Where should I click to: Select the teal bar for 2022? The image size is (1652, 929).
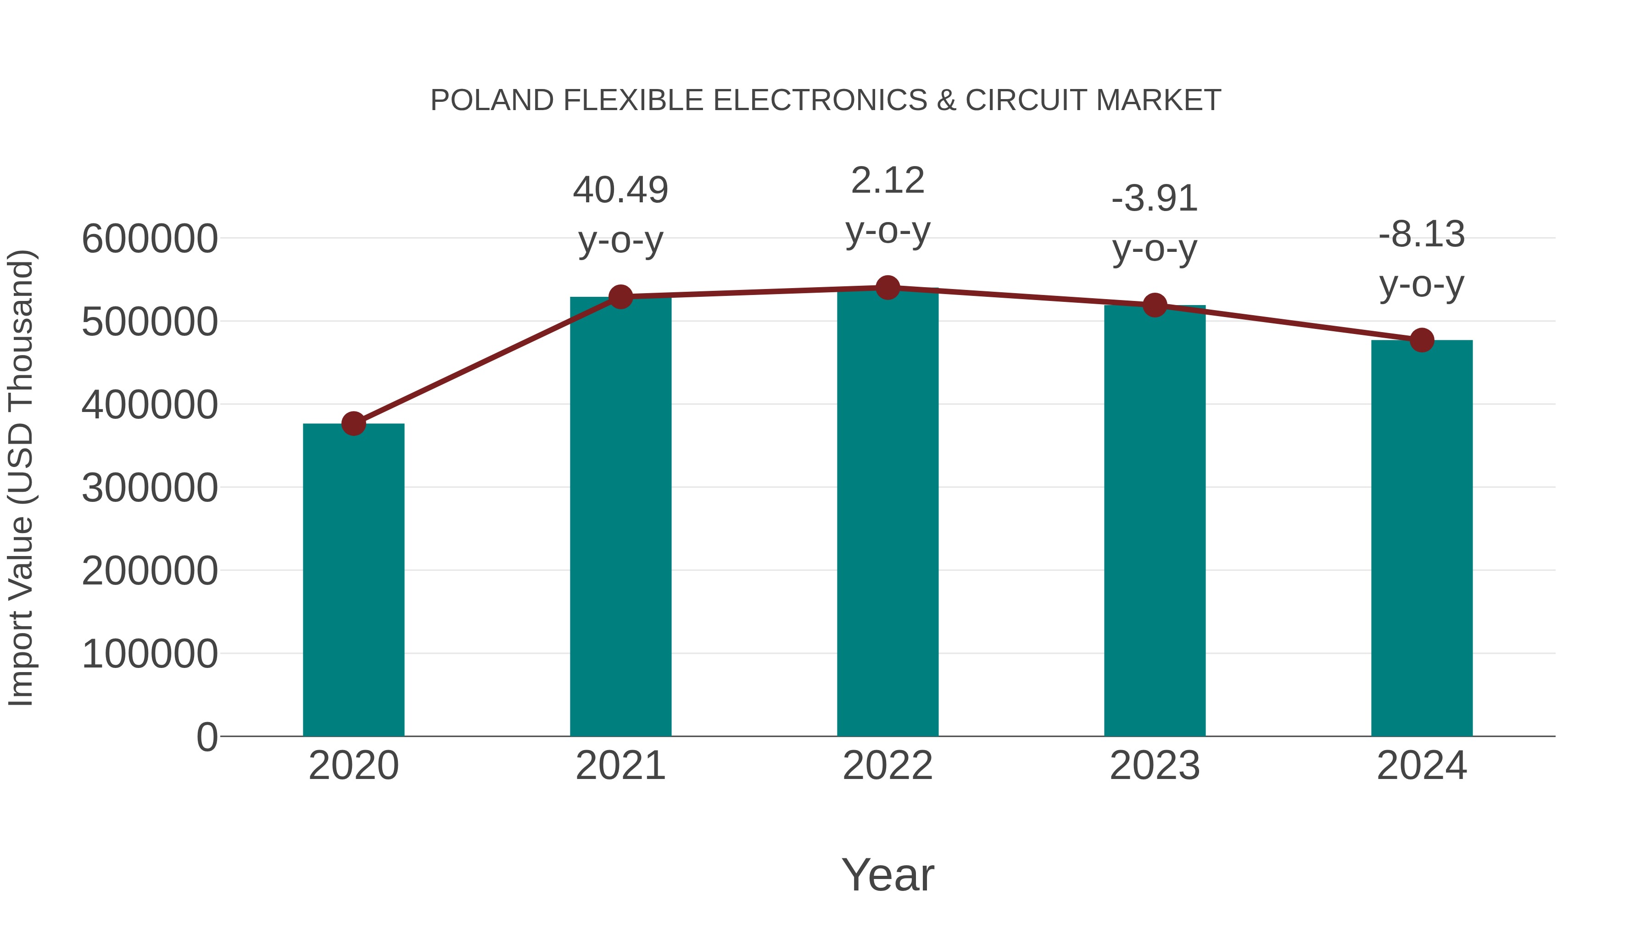(x=887, y=513)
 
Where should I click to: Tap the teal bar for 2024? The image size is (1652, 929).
(x=1422, y=539)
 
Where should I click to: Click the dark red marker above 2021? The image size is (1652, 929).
(x=620, y=297)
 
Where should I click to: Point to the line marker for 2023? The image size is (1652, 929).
(x=1155, y=305)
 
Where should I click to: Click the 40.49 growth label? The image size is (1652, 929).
(x=620, y=190)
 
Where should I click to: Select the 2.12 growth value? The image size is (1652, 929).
(x=887, y=181)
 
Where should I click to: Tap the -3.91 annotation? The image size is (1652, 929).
(x=1155, y=199)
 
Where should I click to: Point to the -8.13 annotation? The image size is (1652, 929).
(x=1422, y=234)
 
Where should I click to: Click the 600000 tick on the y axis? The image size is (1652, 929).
(x=150, y=239)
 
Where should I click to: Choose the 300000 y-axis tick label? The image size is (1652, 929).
(x=150, y=488)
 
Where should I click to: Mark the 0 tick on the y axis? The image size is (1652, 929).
(x=206, y=737)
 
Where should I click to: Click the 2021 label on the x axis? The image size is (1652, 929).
(x=620, y=766)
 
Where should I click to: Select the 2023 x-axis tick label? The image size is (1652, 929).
(x=1155, y=766)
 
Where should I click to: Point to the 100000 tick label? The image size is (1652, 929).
(x=150, y=655)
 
